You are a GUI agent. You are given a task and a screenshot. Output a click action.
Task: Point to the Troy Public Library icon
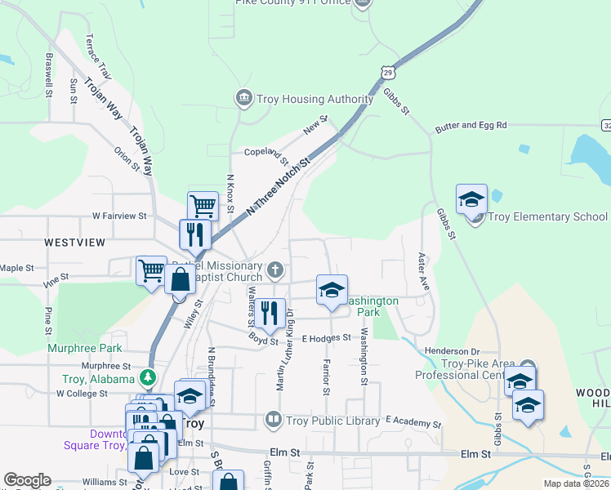pos(273,421)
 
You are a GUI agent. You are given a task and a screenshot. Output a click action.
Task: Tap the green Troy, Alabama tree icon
pos(148,378)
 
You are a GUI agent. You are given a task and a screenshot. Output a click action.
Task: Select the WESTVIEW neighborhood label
pos(75,243)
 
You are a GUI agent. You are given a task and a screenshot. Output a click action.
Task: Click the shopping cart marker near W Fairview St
pos(203,206)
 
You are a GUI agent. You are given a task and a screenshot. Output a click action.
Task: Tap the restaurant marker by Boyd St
pos(268,312)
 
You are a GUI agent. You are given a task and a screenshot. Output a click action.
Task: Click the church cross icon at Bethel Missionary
pos(277,269)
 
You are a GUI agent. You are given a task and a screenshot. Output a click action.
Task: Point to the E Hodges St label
pos(326,337)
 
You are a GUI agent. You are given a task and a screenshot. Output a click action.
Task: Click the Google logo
pos(27,480)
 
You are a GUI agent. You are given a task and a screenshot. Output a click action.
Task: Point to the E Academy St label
pos(413,423)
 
